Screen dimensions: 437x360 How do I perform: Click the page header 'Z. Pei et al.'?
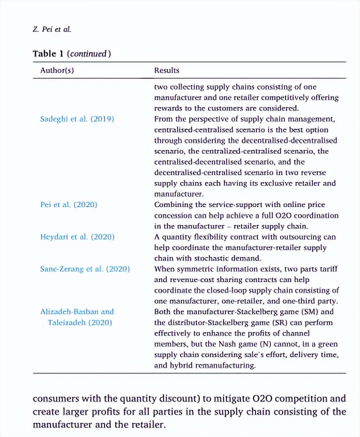tap(52, 29)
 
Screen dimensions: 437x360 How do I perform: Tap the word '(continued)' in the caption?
tap(90, 53)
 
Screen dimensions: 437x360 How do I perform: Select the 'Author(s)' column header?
tap(57, 70)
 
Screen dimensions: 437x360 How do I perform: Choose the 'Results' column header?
tap(167, 70)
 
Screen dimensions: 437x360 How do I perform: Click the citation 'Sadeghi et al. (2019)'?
tap(77, 119)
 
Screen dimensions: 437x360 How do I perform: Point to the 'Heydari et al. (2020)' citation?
tap(77, 237)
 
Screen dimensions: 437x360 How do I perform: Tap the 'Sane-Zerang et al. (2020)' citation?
tap(85, 269)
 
